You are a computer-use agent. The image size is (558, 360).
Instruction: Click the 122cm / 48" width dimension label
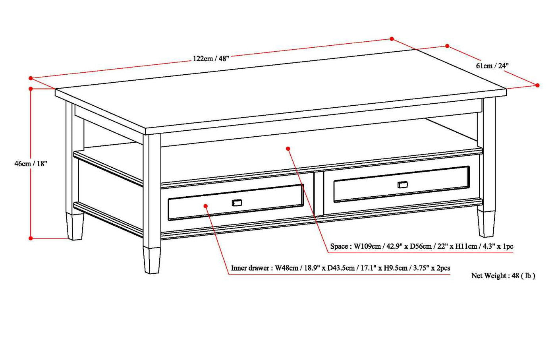(x=211, y=58)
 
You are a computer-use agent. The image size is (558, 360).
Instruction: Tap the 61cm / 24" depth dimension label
(x=492, y=66)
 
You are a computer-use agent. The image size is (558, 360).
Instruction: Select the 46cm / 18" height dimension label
(x=31, y=163)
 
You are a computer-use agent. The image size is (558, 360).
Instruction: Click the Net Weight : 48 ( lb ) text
(x=503, y=276)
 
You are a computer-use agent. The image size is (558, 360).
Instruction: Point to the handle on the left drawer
(x=237, y=203)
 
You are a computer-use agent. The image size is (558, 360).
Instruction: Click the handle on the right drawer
(x=402, y=184)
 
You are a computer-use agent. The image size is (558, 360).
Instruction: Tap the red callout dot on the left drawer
(x=206, y=205)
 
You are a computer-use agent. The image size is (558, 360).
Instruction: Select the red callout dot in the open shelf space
(x=288, y=149)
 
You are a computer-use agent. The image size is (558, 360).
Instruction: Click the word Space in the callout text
(x=339, y=246)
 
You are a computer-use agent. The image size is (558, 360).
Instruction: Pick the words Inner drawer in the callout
(x=250, y=268)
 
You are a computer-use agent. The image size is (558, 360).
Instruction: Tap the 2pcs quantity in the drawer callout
(x=443, y=268)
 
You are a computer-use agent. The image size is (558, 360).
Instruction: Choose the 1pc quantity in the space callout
(x=508, y=246)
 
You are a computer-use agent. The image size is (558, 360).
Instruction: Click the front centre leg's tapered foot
(x=152, y=260)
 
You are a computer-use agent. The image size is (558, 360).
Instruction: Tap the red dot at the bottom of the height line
(x=31, y=238)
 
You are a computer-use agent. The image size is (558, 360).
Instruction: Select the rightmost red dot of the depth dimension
(x=537, y=85)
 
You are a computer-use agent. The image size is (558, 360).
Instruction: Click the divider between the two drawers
(x=319, y=194)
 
